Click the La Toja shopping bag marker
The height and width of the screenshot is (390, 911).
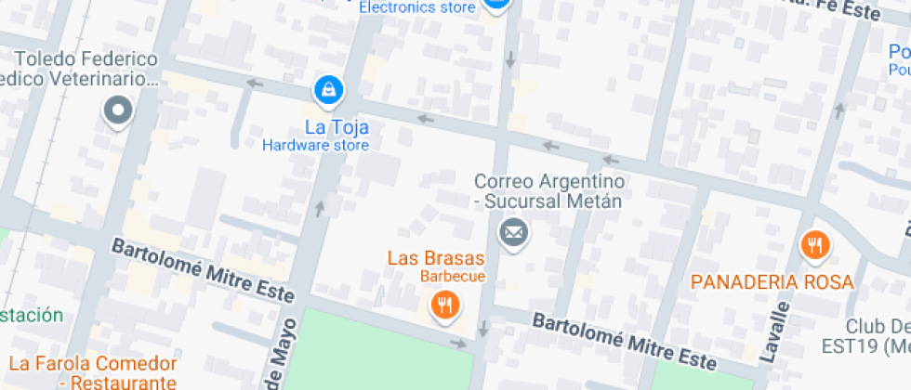click(329, 90)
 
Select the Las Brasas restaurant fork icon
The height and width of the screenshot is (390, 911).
click(445, 304)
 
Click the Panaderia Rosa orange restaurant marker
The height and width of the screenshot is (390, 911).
click(815, 245)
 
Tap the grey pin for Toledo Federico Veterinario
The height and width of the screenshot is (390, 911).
click(118, 111)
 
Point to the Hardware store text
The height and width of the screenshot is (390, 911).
click(315, 145)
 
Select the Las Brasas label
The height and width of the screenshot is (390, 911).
click(436, 257)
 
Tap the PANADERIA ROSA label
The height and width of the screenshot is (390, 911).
click(772, 281)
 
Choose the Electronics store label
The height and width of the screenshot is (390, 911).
click(417, 7)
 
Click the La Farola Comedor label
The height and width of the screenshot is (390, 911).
click(92, 363)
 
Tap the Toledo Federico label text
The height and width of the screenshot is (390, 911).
click(86, 59)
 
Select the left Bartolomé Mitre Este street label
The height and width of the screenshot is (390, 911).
click(205, 271)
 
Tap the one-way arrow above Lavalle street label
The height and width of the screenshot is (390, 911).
click(839, 110)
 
